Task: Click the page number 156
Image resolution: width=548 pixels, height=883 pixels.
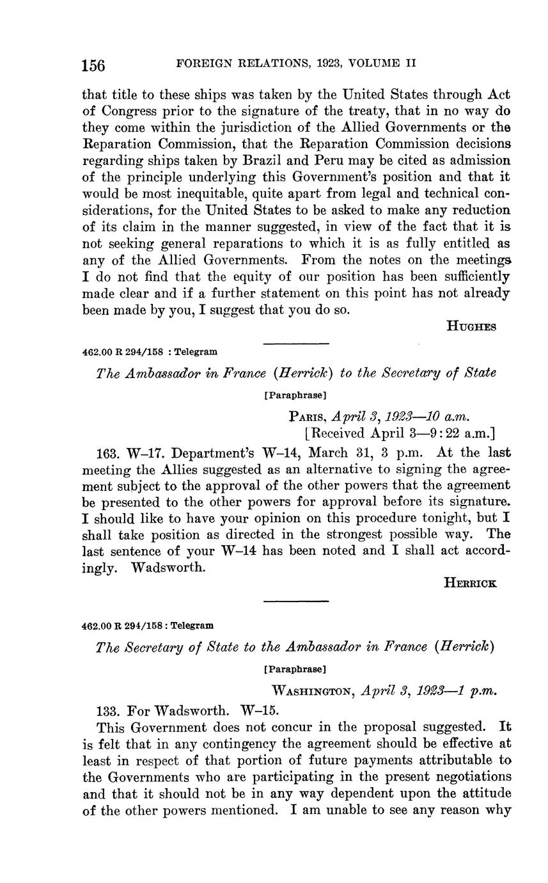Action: (x=93, y=65)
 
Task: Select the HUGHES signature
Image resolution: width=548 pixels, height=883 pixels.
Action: (x=471, y=326)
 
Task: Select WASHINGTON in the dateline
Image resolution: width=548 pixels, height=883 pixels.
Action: (x=313, y=691)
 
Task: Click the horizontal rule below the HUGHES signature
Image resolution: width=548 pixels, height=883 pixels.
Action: (x=296, y=344)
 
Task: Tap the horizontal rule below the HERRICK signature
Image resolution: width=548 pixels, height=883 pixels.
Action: (x=296, y=601)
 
